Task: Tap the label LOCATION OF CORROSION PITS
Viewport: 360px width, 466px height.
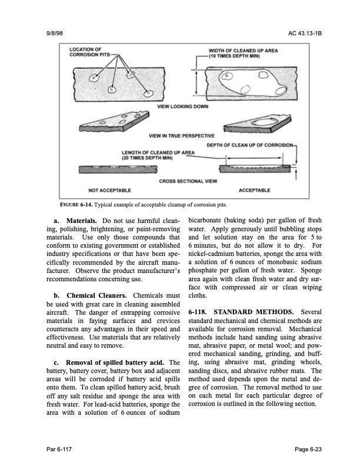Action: point(89,51)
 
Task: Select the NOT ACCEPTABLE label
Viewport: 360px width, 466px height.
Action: point(109,190)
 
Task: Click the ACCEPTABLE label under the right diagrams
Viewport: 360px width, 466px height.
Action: point(254,190)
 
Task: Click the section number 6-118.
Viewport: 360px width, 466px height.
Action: point(199,311)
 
